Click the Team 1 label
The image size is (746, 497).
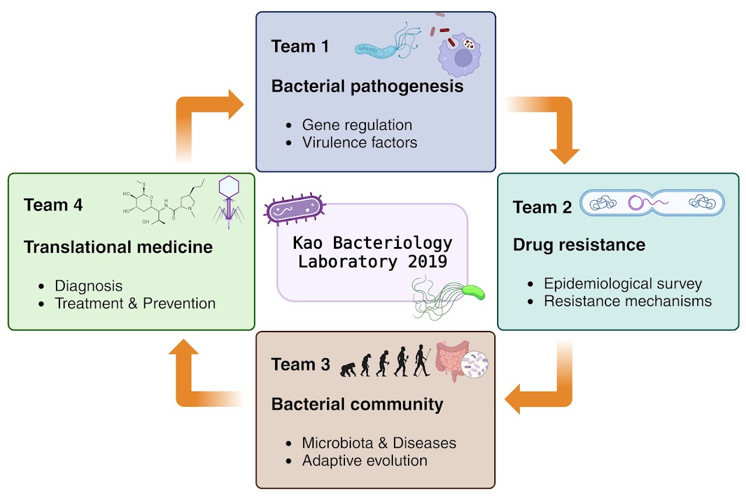[300, 47]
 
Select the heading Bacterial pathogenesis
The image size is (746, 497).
[367, 87]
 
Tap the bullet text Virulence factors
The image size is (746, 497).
[360, 142]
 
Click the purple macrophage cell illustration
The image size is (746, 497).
[463, 56]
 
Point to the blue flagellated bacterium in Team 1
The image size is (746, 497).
[382, 47]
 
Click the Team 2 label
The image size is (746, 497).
[542, 207]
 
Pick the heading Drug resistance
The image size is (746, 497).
[579, 245]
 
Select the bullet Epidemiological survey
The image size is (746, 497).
[622, 284]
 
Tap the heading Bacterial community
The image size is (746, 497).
[357, 404]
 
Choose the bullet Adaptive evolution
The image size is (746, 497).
[364, 461]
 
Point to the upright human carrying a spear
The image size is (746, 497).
[421, 361]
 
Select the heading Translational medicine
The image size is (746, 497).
[118, 247]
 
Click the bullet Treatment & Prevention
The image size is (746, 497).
[135, 304]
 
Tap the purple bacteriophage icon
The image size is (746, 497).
[228, 201]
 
